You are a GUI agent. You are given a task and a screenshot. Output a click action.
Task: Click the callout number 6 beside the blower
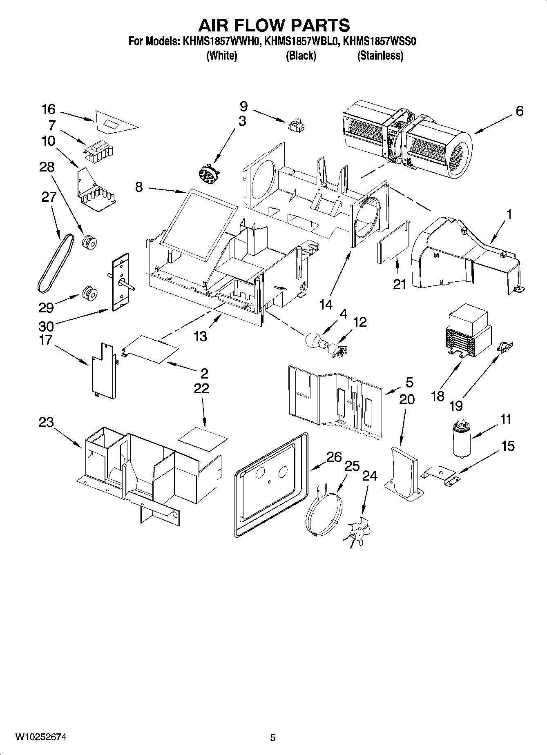click(519, 111)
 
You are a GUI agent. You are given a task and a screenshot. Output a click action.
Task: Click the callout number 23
click(46, 422)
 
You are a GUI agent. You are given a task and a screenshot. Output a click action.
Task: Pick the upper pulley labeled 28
click(89, 242)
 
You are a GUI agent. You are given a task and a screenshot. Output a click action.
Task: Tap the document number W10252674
click(41, 737)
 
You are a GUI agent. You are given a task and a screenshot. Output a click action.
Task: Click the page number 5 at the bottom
click(273, 737)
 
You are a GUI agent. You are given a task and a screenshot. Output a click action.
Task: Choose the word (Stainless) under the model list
click(380, 56)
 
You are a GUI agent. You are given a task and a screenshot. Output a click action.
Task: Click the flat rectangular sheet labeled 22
click(203, 439)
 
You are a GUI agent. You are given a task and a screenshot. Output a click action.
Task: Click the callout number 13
click(200, 336)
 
